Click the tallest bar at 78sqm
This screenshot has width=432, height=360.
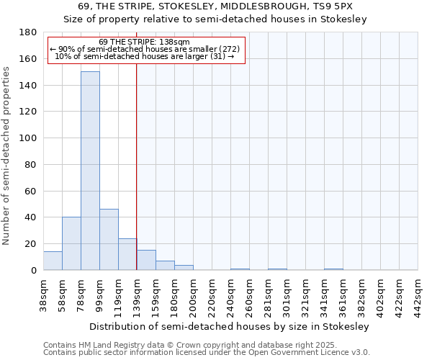90,171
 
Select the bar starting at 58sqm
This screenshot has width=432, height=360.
71,243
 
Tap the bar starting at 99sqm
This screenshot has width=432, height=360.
109,239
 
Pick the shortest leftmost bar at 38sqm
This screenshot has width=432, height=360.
53,261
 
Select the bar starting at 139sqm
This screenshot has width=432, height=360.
146,260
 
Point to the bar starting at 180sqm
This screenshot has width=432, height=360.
184,267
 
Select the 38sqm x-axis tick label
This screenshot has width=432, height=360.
43,294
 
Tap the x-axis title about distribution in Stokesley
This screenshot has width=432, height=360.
230,326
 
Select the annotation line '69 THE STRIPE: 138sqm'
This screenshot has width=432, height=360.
145,42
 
